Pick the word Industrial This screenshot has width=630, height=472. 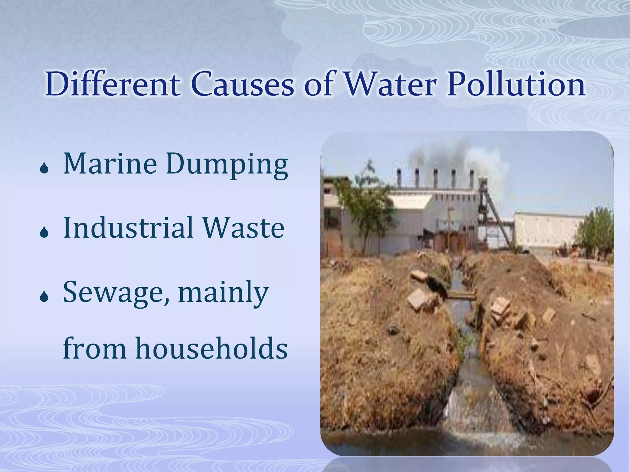(x=128, y=228)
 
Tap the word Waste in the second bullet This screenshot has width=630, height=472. (x=243, y=228)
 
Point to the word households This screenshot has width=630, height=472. (x=212, y=348)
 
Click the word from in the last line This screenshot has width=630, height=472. (x=94, y=348)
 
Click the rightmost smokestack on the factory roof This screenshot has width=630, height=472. (x=472, y=179)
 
